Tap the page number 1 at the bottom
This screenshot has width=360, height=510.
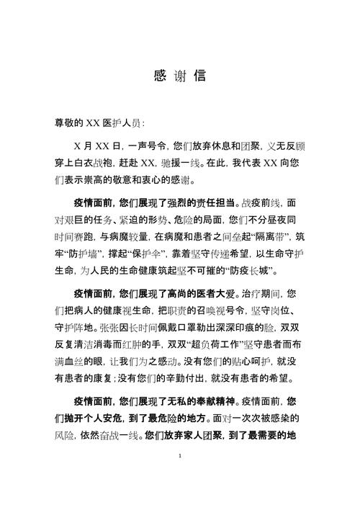[x=179, y=477]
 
